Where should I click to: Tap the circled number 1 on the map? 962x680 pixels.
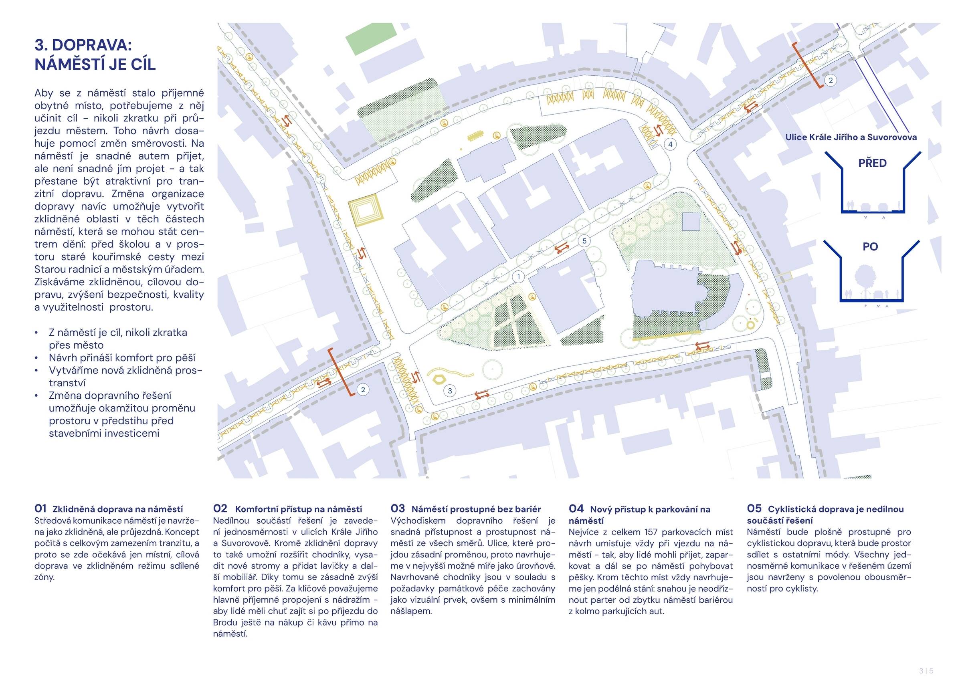click(518, 276)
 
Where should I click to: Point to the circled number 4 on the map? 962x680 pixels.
click(670, 145)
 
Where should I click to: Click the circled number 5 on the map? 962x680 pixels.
click(584, 241)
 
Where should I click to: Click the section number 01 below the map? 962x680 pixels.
click(40, 508)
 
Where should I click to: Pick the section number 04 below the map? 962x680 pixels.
click(576, 508)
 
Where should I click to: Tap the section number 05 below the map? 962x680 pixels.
click(754, 508)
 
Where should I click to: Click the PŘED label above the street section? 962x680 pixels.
click(872, 163)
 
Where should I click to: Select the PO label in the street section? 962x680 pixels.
click(870, 247)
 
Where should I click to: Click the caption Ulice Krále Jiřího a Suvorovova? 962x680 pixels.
click(851, 137)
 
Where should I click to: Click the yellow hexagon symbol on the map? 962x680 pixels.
click(439, 378)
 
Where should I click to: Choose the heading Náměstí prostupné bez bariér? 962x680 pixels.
click(476, 509)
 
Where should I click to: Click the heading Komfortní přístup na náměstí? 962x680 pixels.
click(298, 509)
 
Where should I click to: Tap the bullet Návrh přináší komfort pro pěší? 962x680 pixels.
click(122, 358)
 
